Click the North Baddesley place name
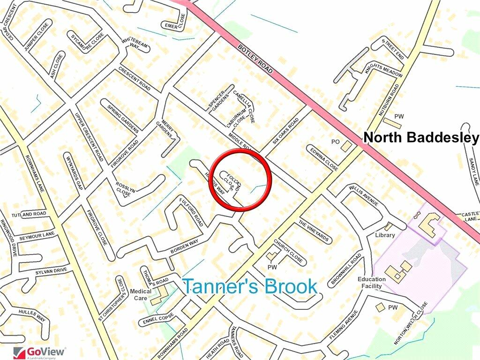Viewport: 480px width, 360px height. tap(421, 137)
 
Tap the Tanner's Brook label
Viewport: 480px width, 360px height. tap(249, 286)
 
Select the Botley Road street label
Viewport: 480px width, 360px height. tap(255, 59)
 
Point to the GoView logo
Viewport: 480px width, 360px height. tap(40, 352)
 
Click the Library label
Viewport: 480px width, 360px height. tap(385, 235)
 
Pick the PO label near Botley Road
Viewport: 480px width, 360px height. tap(335, 142)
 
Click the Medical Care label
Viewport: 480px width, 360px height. tap(141, 294)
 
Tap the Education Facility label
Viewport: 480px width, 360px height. tap(372, 282)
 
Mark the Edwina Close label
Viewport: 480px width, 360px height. tap(323, 158)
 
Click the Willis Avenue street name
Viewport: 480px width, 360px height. tap(363, 195)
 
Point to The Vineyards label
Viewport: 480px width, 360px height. tap(314, 232)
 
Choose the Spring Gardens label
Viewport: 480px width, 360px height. tap(123, 118)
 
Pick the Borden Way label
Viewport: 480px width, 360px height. tap(184, 247)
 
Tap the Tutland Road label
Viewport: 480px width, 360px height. tap(29, 214)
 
